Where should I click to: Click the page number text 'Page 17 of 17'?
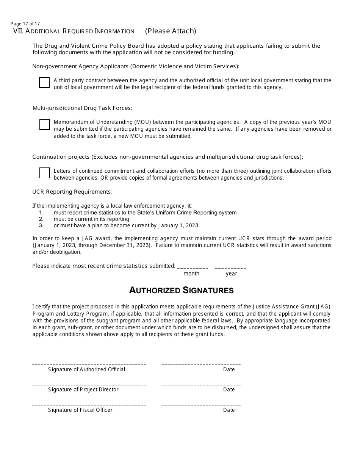[x=25, y=23]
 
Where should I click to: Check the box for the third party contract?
[x=44, y=83]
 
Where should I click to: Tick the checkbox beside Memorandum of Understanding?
[x=44, y=125]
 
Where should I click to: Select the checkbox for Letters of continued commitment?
[x=44, y=173]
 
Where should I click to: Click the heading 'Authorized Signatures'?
[x=181, y=290]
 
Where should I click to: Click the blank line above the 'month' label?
[x=193, y=267]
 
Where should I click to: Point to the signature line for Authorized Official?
[x=89, y=364]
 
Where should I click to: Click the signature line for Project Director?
[x=89, y=385]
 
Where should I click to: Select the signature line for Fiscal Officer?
[x=89, y=405]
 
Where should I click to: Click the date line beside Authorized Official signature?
[x=201, y=364]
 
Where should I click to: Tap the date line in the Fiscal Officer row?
[x=201, y=405]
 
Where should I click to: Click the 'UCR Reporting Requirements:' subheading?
[x=72, y=192]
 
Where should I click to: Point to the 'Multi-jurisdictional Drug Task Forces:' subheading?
[x=82, y=108]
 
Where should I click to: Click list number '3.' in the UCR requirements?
[x=41, y=225]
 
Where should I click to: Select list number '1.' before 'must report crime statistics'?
[x=41, y=213]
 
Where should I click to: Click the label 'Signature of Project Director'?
[x=83, y=389]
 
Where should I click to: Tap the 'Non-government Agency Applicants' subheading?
[x=136, y=66]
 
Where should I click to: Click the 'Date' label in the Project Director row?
[x=229, y=389]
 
